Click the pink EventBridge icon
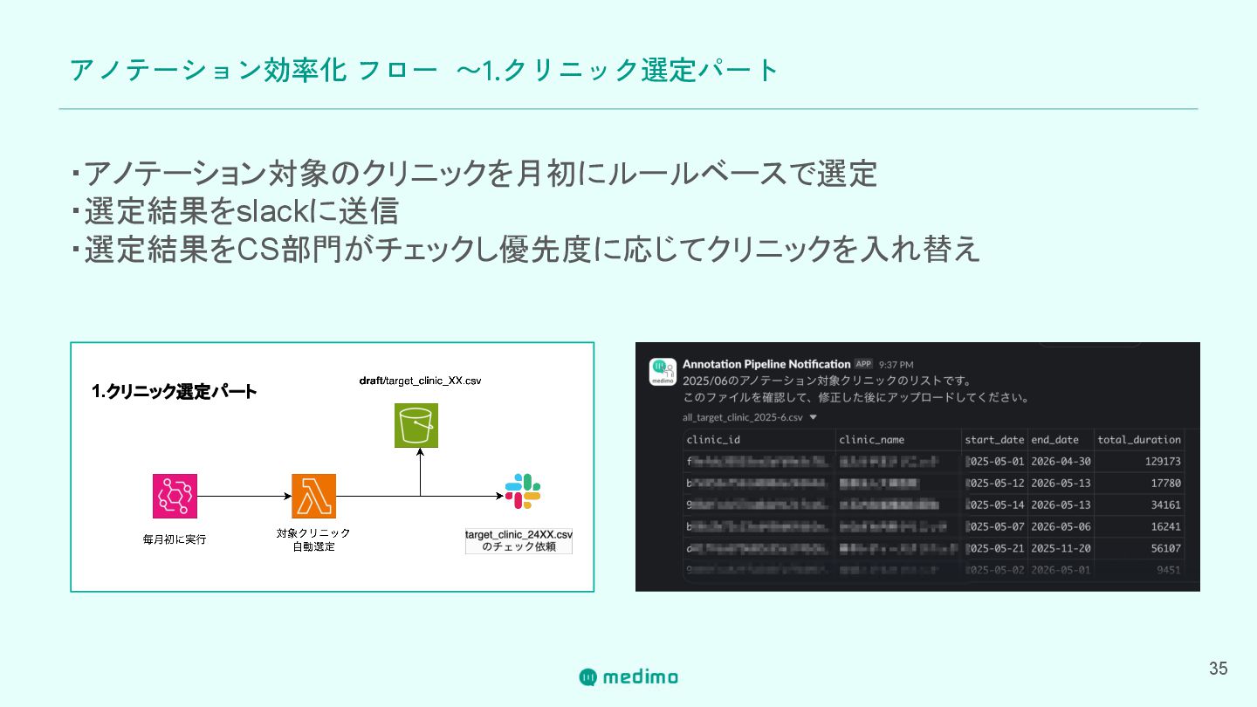click(175, 496)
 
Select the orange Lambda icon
click(313, 496)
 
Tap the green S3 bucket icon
click(416, 426)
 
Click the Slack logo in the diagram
click(523, 491)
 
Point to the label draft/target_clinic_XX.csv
click(421, 381)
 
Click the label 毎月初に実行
click(175, 539)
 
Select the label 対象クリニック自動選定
click(313, 539)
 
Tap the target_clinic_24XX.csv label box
click(519, 540)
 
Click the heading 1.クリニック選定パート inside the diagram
click(175, 392)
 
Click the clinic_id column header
click(713, 440)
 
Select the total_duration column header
click(1139, 440)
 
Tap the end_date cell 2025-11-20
click(1061, 548)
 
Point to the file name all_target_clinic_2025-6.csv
click(744, 417)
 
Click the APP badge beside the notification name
click(863, 364)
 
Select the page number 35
click(1218, 669)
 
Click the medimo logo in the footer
click(628, 676)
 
